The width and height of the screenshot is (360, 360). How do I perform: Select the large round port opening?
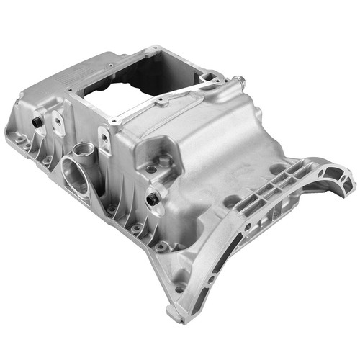(75, 174)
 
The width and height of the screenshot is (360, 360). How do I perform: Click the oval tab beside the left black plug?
(57, 125)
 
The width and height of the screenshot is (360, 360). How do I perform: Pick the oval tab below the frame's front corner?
(104, 141)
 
